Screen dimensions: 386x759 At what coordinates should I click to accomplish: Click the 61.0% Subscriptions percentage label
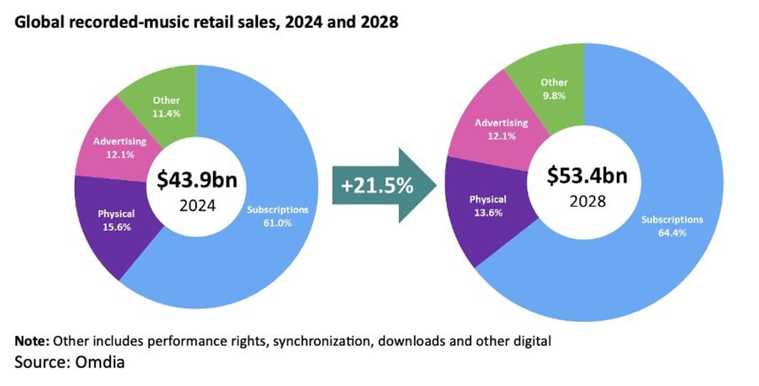point(278,222)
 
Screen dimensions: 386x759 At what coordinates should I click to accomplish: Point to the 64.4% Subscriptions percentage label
point(672,232)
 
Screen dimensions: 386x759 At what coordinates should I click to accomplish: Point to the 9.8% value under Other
point(554,95)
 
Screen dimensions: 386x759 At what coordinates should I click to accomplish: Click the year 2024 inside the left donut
point(196,206)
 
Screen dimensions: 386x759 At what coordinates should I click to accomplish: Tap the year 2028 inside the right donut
point(588,201)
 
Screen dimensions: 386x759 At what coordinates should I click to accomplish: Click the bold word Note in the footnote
point(32,342)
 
